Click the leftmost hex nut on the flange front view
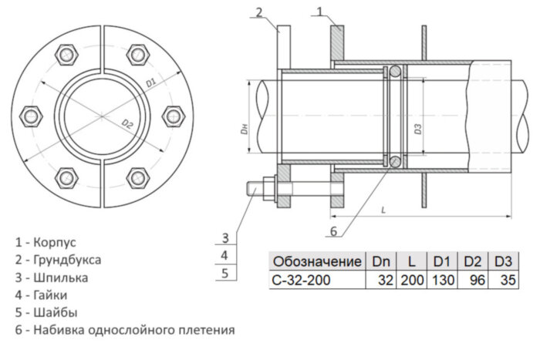pos(32,116)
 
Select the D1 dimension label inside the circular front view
pos(151,80)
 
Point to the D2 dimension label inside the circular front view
pos(128,123)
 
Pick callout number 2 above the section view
pos(260,12)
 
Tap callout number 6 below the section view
pos(333,230)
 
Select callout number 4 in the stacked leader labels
pos(223,254)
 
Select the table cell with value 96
pos(476,280)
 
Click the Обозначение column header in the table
pos(317,261)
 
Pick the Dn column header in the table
pos(381,261)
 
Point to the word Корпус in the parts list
pos(55,241)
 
